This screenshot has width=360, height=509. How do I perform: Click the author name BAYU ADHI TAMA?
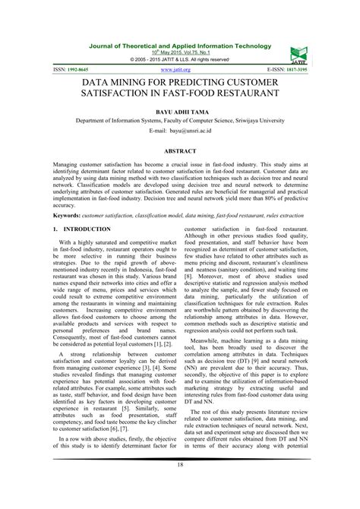point(180,110)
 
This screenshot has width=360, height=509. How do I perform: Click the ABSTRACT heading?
point(180,152)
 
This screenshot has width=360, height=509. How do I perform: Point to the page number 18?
point(180,486)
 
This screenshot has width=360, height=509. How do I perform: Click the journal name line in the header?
point(180,45)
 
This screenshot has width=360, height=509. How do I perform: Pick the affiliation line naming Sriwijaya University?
point(180,120)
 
